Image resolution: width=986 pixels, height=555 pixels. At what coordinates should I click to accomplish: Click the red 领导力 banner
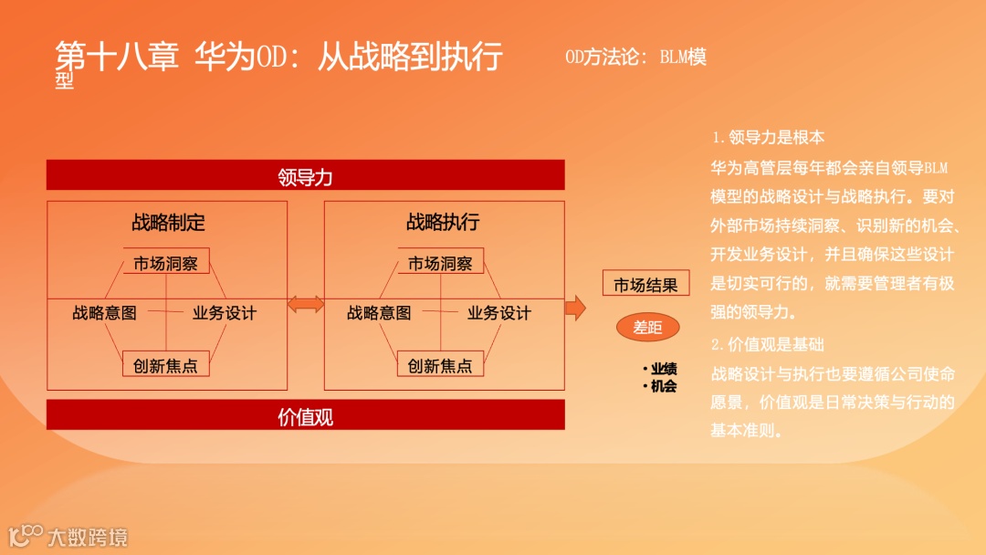pos(305,175)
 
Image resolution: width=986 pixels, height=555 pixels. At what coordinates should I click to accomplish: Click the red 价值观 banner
pos(305,416)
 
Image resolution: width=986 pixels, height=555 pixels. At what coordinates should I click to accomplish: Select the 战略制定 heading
pos(168,222)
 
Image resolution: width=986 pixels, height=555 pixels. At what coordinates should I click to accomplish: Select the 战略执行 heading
pos(443,222)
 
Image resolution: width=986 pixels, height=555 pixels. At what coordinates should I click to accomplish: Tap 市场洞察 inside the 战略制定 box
pos(166,263)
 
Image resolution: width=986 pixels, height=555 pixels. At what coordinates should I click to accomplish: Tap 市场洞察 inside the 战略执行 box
pos(440,263)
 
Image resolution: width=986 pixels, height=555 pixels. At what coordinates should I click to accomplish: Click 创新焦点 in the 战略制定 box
pos(166,365)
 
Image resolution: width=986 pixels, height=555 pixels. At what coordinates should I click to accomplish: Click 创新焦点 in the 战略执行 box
pos(440,365)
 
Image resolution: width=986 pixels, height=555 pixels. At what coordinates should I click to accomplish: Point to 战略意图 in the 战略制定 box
pos(104,313)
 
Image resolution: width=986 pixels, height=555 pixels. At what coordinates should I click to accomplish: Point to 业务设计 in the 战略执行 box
pos(498,313)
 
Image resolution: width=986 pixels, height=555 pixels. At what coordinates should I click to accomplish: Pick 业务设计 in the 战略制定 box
pos(224,313)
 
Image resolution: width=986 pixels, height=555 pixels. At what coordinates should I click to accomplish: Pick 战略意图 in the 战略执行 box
pos(379,313)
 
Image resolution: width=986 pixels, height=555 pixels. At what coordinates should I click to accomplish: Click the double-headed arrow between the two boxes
pos(306,304)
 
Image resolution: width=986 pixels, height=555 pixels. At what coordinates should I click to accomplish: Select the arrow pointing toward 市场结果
pos(575,308)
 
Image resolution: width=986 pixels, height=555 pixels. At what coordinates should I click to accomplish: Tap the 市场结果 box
pos(645,284)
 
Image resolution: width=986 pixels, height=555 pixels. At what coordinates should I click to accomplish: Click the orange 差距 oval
pos(647,327)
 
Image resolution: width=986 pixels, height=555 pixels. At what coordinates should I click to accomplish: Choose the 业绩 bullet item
pos(663,369)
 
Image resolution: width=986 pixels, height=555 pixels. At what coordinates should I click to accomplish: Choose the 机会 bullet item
pos(663,386)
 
